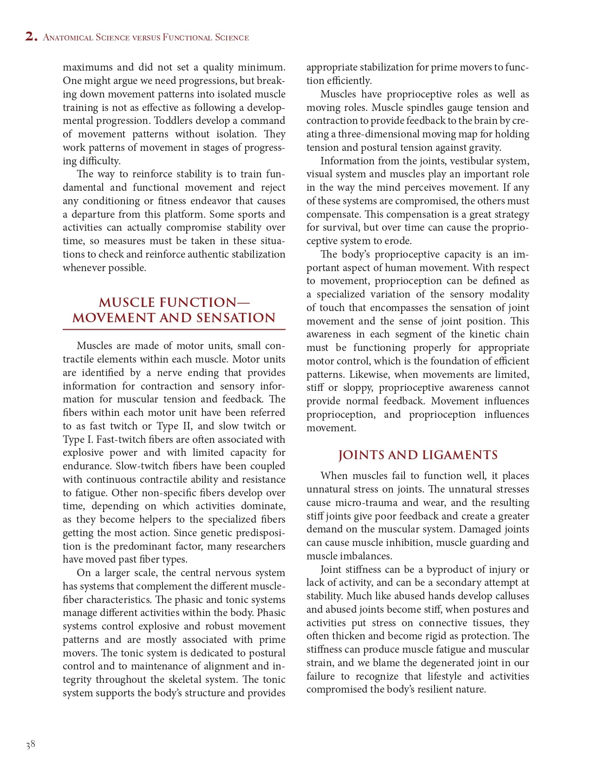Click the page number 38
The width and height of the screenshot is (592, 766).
[31, 745]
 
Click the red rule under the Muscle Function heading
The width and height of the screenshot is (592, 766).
[174, 330]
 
